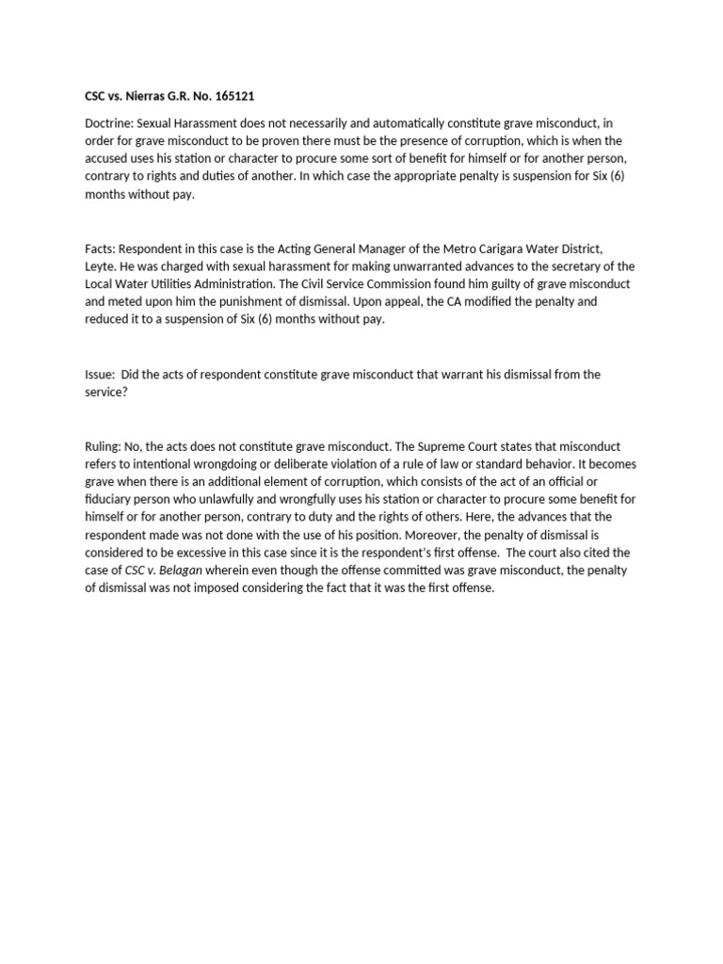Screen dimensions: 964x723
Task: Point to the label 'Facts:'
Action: (100, 248)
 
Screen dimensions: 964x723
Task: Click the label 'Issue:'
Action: (100, 374)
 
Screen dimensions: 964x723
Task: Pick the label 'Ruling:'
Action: (104, 445)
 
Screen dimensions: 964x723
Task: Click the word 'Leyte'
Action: (100, 266)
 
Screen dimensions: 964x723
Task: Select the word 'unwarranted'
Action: (389, 266)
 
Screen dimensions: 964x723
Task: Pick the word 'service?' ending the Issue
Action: (107, 392)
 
